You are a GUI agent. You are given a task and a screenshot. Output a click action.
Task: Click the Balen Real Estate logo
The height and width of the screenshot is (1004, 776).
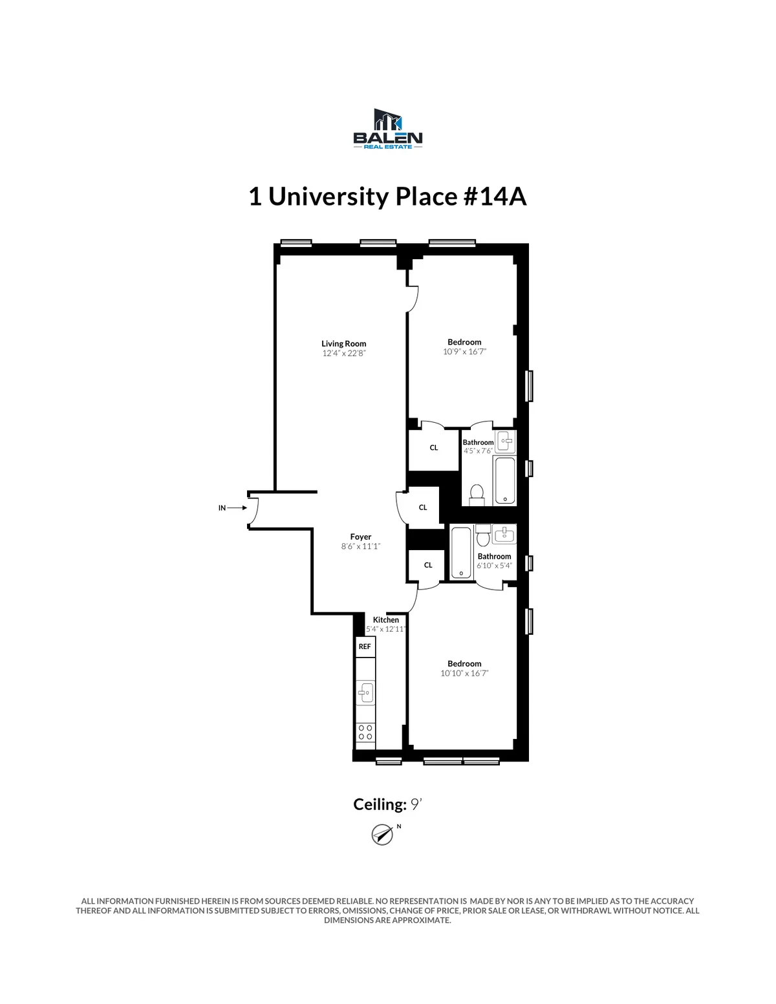click(x=387, y=129)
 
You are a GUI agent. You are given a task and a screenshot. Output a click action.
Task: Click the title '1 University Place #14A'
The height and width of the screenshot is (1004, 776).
click(x=387, y=197)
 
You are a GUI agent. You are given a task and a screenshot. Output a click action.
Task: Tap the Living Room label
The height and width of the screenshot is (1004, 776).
click(x=343, y=343)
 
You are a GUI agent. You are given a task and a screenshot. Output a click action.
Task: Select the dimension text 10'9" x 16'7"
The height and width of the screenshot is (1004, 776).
click(x=464, y=352)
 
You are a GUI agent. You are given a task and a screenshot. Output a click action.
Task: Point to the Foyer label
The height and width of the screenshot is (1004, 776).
click(x=361, y=537)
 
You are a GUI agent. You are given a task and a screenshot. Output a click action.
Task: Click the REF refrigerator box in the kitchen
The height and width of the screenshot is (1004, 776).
click(x=365, y=646)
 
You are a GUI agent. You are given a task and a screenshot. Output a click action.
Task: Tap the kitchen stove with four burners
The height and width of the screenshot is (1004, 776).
click(x=365, y=732)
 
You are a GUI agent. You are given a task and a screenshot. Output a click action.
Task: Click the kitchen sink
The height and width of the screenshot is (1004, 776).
click(x=365, y=692)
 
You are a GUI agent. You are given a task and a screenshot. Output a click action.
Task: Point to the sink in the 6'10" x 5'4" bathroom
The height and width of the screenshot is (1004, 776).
click(x=504, y=534)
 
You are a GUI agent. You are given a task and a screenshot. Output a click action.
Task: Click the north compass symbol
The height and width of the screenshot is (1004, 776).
click(x=383, y=834)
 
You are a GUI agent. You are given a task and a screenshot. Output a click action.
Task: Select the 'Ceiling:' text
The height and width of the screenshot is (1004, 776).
click(x=380, y=804)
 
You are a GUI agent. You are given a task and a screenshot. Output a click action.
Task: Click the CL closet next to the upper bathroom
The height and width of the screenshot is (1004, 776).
click(x=434, y=447)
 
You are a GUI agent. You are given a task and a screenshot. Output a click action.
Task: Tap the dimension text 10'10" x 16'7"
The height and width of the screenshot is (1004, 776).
click(x=464, y=673)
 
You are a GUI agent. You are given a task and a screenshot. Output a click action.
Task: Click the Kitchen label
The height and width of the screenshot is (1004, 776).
click(x=386, y=619)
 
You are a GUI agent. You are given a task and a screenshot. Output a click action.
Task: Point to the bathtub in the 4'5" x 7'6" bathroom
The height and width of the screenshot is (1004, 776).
click(x=504, y=480)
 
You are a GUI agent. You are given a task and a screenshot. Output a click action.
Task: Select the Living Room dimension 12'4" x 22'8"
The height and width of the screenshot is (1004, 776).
click(x=343, y=353)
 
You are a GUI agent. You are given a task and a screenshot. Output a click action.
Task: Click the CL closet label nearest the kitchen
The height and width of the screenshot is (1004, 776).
click(x=428, y=565)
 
